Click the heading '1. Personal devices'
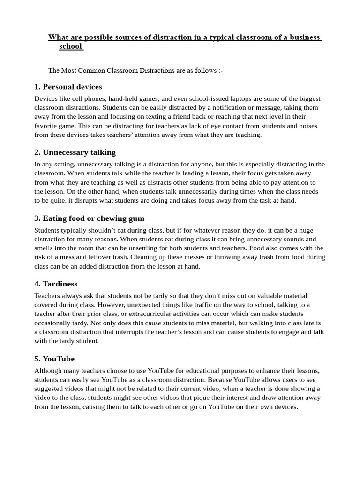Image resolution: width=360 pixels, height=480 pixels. click(x=68, y=87)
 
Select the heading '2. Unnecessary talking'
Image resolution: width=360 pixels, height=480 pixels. click(x=75, y=152)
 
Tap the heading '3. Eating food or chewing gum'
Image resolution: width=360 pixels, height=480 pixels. click(x=89, y=218)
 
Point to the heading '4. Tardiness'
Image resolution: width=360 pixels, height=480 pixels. click(x=56, y=284)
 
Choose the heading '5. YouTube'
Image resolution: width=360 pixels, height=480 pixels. click(x=54, y=359)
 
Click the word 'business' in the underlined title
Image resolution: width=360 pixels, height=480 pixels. click(x=304, y=37)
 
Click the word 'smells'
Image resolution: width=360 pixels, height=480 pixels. click(x=45, y=248)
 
